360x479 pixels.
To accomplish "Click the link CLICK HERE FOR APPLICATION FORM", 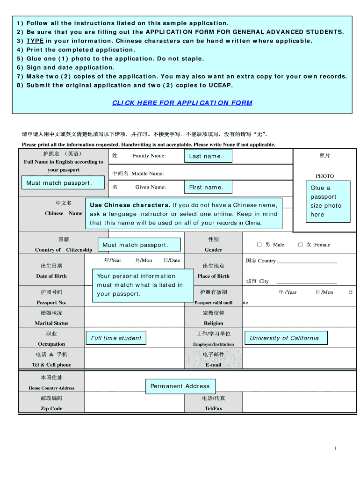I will pos(182,103).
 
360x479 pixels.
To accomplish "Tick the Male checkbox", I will pos(259,245).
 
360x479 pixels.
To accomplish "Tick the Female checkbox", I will pos(301,245).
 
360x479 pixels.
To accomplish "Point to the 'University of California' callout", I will pos(284,338).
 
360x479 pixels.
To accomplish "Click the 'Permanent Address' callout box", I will pos(180,386).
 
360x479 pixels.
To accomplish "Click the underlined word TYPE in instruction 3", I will pos(35,41).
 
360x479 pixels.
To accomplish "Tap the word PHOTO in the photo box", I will pos(324,176).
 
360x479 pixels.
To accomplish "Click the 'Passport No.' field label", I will pos(51,303).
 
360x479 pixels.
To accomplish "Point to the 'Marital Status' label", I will pos(51,323).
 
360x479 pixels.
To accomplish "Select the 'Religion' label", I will pos(213,323).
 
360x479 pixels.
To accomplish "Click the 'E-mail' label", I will pos(213,365).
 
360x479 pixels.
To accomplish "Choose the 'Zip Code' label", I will pos(51,408).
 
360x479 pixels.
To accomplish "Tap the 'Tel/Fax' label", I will pos(213,408).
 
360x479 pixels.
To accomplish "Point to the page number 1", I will pos(335,449).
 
